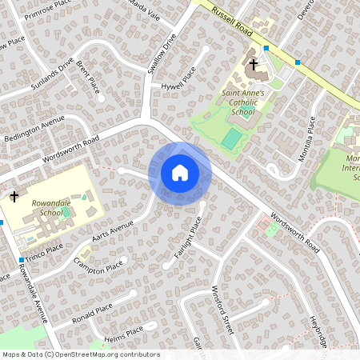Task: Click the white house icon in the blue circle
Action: (x=180, y=173)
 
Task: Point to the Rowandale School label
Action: (x=50, y=208)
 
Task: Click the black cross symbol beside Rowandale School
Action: (x=14, y=195)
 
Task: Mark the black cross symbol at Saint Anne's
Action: (x=254, y=64)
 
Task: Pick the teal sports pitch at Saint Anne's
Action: (x=231, y=139)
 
